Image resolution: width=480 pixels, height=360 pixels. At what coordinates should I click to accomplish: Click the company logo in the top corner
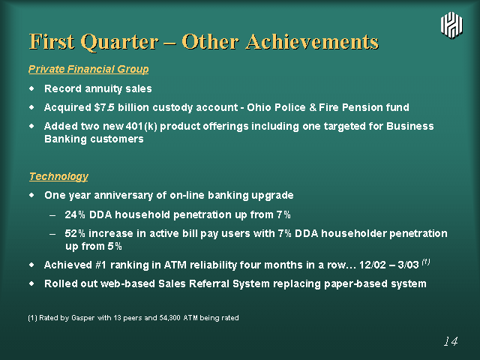coord(451,25)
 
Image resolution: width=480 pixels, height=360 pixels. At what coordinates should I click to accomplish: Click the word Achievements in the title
coord(312,42)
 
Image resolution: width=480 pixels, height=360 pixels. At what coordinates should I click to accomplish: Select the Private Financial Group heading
coord(88,69)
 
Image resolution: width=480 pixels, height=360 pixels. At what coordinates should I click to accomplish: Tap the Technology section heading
coord(58,177)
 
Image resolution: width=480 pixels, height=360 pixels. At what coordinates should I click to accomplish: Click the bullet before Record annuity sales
coord(31,88)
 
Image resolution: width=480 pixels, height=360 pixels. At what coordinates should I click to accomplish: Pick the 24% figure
coord(75,214)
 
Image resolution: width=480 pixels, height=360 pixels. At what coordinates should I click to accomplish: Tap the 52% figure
coord(75,233)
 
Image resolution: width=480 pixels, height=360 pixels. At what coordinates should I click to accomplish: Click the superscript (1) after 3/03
coord(426,262)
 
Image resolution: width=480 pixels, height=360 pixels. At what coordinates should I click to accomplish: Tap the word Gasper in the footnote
coord(82,318)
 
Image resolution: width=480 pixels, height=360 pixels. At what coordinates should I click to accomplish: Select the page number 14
coord(451,341)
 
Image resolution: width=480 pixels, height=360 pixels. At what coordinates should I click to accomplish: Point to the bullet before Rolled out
coord(31,283)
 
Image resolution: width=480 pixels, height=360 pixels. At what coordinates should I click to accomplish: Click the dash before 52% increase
coord(52,234)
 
